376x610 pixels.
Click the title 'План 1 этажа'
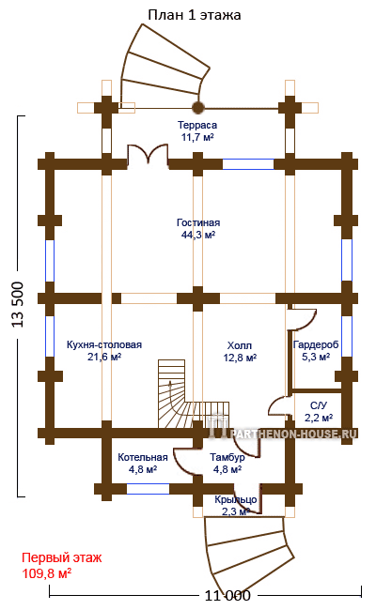(194, 15)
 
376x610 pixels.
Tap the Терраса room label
(197, 125)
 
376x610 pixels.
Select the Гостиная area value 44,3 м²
(198, 235)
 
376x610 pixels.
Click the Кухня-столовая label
(104, 344)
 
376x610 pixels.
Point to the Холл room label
(240, 345)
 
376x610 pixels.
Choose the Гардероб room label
(316, 344)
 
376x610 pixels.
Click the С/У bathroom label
(319, 405)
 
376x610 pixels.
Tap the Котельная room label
(143, 457)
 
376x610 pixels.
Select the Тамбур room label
(227, 457)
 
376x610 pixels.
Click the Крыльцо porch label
(235, 499)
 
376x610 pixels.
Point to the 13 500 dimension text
(18, 305)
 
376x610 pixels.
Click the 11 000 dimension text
(227, 595)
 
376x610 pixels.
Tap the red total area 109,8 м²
(47, 573)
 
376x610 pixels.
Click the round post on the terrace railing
(198, 107)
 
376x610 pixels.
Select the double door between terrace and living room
(149, 156)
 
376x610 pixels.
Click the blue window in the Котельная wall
(149, 489)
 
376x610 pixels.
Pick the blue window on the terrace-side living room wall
(248, 164)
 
